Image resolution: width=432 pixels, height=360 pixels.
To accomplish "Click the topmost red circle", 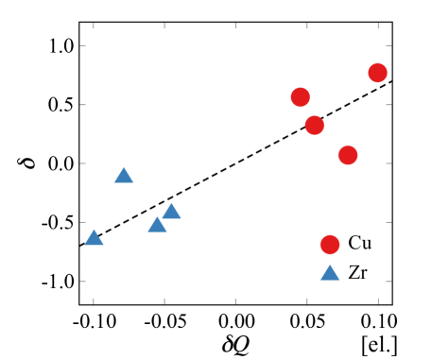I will point(377,73).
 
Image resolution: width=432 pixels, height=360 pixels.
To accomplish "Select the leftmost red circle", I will point(301,96).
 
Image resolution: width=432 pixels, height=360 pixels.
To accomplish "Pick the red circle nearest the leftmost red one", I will point(315,125).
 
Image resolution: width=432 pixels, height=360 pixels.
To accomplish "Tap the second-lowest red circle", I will point(348,155).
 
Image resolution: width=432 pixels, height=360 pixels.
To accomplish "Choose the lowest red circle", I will point(330,245).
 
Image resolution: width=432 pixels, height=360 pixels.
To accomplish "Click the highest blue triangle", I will point(124,176).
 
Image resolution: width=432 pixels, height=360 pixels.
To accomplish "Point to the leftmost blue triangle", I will point(94,238).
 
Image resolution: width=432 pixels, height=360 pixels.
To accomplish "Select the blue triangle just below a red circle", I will point(330,273).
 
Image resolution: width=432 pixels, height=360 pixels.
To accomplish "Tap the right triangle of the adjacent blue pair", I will point(171,212).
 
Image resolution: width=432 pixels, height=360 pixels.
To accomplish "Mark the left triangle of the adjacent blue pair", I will point(157,225).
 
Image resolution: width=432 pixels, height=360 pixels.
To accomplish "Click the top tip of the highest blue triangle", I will point(124,166).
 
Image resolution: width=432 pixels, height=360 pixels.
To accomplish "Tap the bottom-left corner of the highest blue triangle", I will point(113,183).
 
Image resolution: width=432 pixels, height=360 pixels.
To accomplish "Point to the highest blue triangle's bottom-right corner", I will point(134,183).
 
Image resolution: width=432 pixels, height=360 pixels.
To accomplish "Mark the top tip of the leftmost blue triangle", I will point(94,229).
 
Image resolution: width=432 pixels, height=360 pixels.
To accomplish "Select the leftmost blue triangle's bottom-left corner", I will point(83,246).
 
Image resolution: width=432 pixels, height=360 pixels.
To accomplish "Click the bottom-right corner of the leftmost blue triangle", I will point(104,246).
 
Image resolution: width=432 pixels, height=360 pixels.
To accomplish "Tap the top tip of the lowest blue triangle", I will point(330,264).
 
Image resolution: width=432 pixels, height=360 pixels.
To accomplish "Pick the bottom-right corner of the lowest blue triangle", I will point(340,281).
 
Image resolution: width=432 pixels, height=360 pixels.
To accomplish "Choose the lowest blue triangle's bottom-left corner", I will point(320,281).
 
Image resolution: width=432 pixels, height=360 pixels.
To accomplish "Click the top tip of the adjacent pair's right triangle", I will point(171,202).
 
